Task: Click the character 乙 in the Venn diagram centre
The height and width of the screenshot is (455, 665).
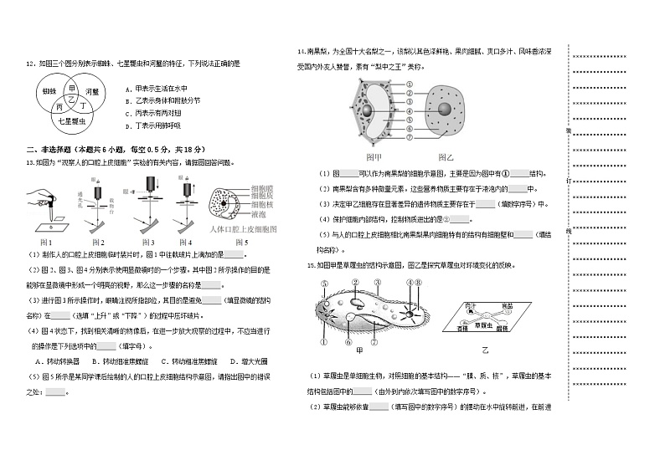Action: click(71, 99)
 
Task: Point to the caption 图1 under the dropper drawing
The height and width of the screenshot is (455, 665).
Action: click(47, 241)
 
